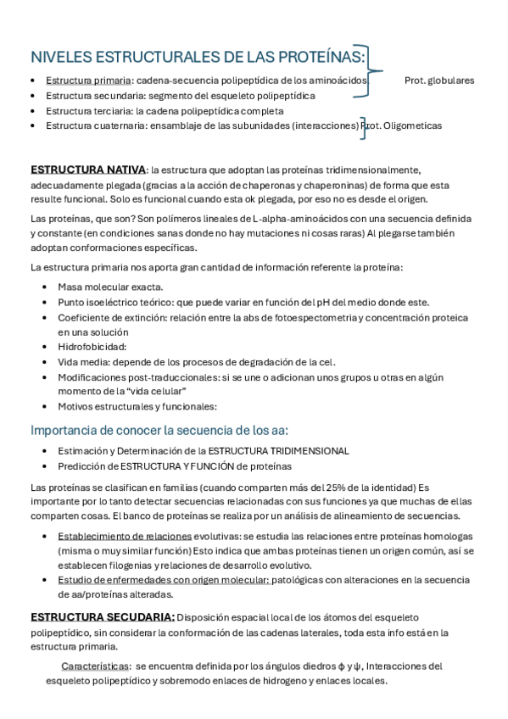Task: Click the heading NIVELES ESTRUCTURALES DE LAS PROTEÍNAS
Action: [198, 57]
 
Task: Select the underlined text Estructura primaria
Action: [83, 81]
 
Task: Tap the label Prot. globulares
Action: [439, 81]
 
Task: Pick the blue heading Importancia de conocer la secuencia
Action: [159, 429]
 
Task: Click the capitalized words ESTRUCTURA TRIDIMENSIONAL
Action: [278, 451]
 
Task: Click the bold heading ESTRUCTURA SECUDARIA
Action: [103, 616]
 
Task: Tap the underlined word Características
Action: [96, 666]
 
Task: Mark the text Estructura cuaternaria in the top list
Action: [96, 125]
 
